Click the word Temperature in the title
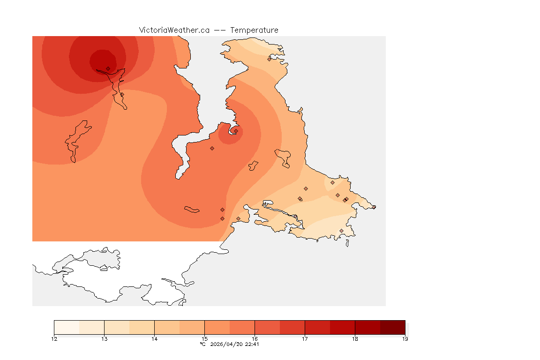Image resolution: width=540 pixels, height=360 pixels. click(x=254, y=30)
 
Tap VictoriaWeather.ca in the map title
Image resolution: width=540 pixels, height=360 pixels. click(x=174, y=30)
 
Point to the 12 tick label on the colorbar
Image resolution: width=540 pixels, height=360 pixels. click(x=54, y=339)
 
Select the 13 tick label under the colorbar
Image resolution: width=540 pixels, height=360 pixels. click(x=104, y=339)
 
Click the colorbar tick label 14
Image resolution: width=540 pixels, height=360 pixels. click(x=154, y=339)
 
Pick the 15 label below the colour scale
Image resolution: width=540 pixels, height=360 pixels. click(x=204, y=339)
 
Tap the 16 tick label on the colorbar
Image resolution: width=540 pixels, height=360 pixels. click(x=255, y=339)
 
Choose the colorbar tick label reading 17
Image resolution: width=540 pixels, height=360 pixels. click(x=305, y=339)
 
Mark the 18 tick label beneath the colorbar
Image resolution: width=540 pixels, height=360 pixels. click(x=355, y=339)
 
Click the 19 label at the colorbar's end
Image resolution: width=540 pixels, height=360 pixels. click(x=405, y=339)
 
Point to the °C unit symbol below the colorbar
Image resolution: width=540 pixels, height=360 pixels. click(x=202, y=344)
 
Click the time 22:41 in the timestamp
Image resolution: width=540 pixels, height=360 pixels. click(x=252, y=344)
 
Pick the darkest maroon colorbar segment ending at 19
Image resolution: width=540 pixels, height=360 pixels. click(x=392, y=327)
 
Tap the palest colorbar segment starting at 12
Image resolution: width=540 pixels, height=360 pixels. click(x=67, y=327)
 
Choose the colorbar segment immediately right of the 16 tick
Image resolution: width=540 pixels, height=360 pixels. click(x=267, y=327)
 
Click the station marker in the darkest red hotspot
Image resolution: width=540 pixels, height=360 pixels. click(x=108, y=68)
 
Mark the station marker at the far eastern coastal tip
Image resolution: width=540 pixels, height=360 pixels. click(x=374, y=207)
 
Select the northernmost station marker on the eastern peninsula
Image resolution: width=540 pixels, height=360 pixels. click(x=269, y=59)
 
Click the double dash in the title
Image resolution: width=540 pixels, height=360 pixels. click(x=220, y=30)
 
